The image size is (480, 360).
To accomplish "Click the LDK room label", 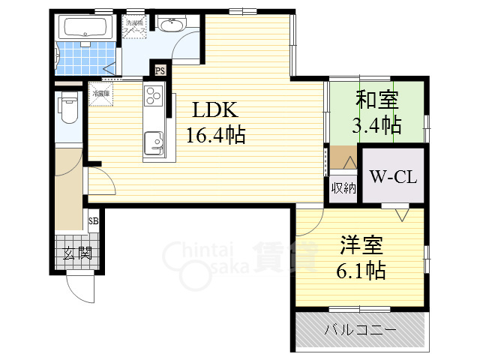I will click(x=216, y=110).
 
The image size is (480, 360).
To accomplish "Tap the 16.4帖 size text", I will click(x=216, y=135).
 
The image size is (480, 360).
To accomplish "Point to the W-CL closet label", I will click(x=393, y=178).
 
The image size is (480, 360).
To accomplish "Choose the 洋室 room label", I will click(x=361, y=245).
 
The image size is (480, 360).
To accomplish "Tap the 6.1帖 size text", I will click(x=361, y=270).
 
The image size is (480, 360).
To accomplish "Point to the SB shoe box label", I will click(x=94, y=221).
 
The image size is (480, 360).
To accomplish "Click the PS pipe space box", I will click(x=160, y=70).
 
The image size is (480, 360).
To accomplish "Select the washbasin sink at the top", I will click(x=172, y=26).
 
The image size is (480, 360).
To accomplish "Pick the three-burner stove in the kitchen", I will click(x=153, y=96).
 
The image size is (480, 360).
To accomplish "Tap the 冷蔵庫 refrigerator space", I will click(x=100, y=94).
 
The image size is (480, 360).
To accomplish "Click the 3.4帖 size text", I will click(x=376, y=124).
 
